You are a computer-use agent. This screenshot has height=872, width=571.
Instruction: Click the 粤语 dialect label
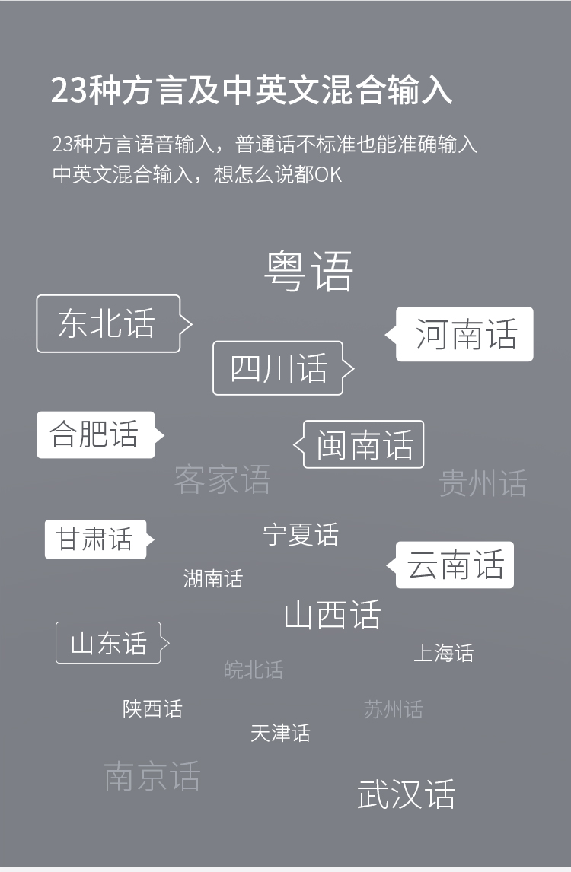pyautogui.click(x=308, y=272)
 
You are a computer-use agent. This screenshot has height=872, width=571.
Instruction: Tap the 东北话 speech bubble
pyautogui.click(x=114, y=323)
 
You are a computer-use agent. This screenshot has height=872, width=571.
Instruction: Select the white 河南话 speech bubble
pyautogui.click(x=459, y=334)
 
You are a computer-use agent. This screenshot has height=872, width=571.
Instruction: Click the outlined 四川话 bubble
pyautogui.click(x=283, y=368)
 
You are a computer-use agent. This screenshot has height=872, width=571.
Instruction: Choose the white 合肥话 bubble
pyautogui.click(x=100, y=435)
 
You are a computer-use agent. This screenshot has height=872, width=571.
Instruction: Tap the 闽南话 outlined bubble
pyautogui.click(x=359, y=444)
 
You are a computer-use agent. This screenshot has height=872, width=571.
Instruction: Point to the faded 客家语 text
pyautogui.click(x=222, y=479)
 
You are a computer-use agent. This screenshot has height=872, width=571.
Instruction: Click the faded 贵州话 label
pyautogui.click(x=483, y=482)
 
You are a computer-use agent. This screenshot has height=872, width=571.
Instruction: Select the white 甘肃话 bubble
pyautogui.click(x=99, y=539)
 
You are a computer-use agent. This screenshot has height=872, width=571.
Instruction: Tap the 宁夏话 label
pyautogui.click(x=301, y=534)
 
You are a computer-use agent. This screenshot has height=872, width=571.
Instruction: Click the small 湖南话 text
pyautogui.click(x=213, y=578)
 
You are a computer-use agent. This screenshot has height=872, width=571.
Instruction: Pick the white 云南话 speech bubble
pyautogui.click(x=450, y=565)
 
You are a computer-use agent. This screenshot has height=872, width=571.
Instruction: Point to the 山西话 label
pyautogui.click(x=332, y=615)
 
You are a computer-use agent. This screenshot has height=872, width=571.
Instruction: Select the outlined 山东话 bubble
pyautogui.click(x=113, y=642)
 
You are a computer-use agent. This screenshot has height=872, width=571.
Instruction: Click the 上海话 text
pyautogui.click(x=444, y=653)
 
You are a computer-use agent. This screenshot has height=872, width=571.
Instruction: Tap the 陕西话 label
pyautogui.click(x=152, y=708)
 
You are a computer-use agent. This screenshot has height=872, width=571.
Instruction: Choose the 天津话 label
pyautogui.click(x=280, y=733)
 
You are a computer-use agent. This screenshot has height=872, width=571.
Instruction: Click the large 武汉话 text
pyautogui.click(x=407, y=794)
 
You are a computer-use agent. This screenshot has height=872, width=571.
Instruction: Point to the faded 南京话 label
pyautogui.click(x=152, y=776)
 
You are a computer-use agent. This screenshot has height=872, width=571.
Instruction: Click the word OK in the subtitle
pyautogui.click(x=328, y=174)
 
